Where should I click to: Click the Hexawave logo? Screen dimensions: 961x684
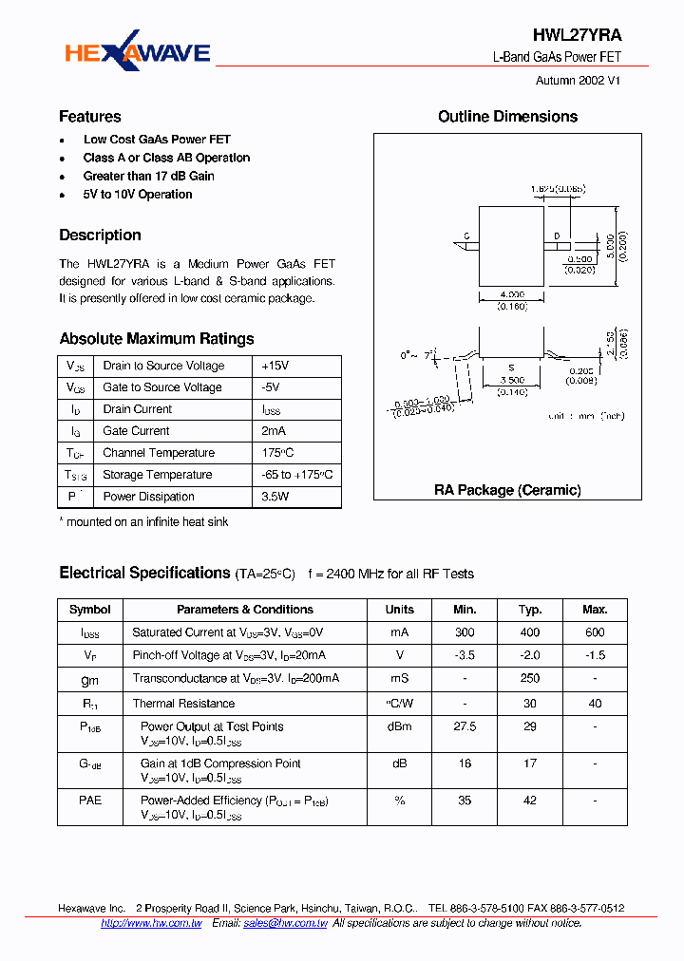pyautogui.click(x=137, y=53)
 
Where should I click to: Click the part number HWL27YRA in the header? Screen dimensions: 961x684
pyautogui.click(x=578, y=35)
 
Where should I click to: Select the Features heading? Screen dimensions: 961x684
pyautogui.click(x=90, y=117)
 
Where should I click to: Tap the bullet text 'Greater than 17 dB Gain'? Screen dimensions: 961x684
pyautogui.click(x=149, y=176)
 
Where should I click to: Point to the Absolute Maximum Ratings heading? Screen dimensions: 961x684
pyautogui.click(x=157, y=339)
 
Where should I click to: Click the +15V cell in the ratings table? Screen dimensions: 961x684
pyautogui.click(x=275, y=366)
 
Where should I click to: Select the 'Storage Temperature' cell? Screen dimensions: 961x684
pyautogui.click(x=158, y=475)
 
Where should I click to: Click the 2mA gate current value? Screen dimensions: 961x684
pyautogui.click(x=274, y=431)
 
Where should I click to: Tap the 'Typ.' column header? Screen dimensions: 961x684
pyautogui.click(x=530, y=610)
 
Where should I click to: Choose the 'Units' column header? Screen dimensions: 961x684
pyautogui.click(x=399, y=610)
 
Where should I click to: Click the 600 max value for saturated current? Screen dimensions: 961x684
pyautogui.click(x=595, y=632)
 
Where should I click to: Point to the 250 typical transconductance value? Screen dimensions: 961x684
pyautogui.click(x=530, y=678)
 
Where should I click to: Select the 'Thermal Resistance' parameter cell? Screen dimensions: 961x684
pyautogui.click(x=183, y=704)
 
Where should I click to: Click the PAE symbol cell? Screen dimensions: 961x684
pyautogui.click(x=90, y=801)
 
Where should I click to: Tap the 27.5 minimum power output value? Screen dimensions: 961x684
pyautogui.click(x=465, y=726)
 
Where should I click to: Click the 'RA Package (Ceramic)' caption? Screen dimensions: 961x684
pyautogui.click(x=507, y=490)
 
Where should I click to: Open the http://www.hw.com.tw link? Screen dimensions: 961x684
pyautogui.click(x=151, y=923)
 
